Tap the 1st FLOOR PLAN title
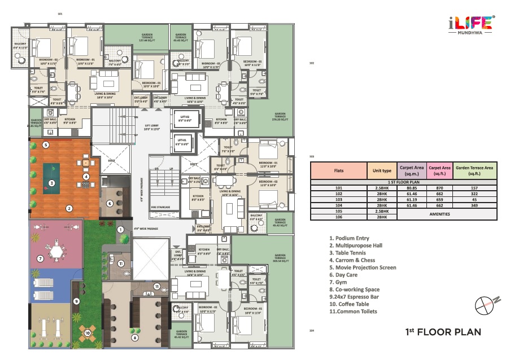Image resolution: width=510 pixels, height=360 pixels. tap(443, 332)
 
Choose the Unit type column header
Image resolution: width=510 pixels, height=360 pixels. tap(382, 169)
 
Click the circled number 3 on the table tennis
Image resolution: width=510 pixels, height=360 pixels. tap(51, 182)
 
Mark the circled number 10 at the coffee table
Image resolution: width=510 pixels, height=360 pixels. tap(88, 333)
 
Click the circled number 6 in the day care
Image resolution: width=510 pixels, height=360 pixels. tap(110, 204)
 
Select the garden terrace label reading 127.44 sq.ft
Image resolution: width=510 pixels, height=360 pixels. tap(147, 38)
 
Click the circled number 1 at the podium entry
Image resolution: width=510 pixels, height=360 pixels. tap(120, 229)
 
